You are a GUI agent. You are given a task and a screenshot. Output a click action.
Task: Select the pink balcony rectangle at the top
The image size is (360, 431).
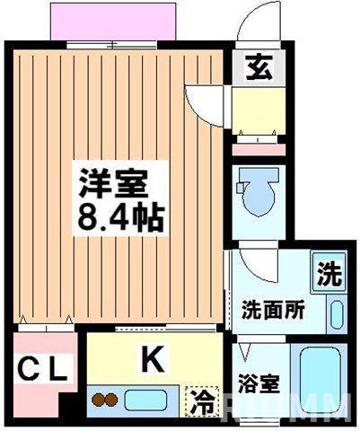110,21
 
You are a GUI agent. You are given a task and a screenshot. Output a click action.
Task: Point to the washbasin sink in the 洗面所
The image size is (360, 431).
337,314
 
